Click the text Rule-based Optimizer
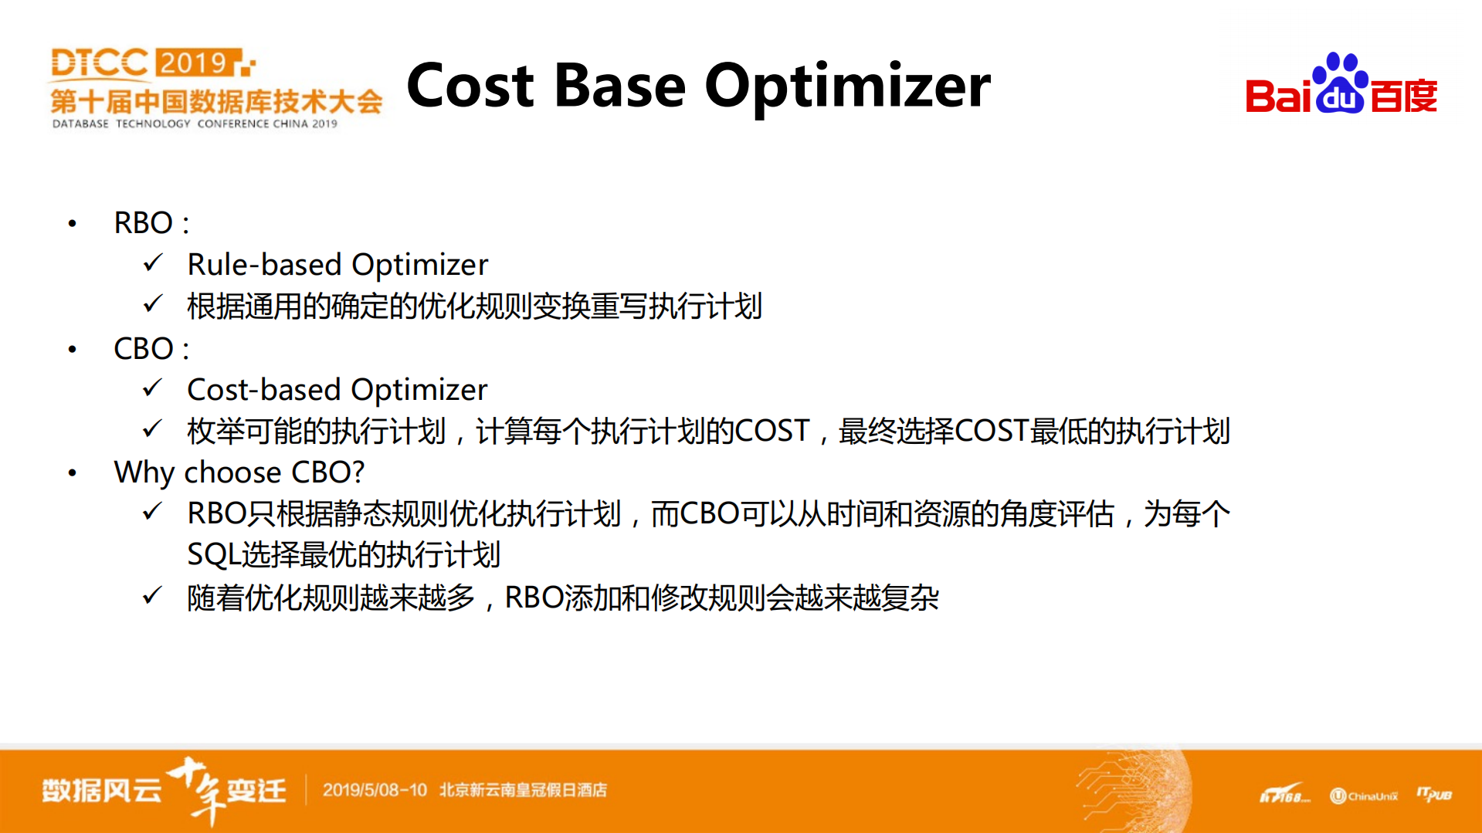337,264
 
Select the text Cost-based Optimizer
337,389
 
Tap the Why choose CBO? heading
239,472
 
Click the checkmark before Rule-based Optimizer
153,262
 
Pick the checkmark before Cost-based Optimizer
153,388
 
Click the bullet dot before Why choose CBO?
73,473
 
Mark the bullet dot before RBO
73,224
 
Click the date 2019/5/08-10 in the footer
375,790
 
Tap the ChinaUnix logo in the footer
1364,796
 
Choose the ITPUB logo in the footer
1434,794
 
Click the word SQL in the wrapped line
214,555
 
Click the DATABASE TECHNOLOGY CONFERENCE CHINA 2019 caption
195,124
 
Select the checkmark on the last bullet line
153,595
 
